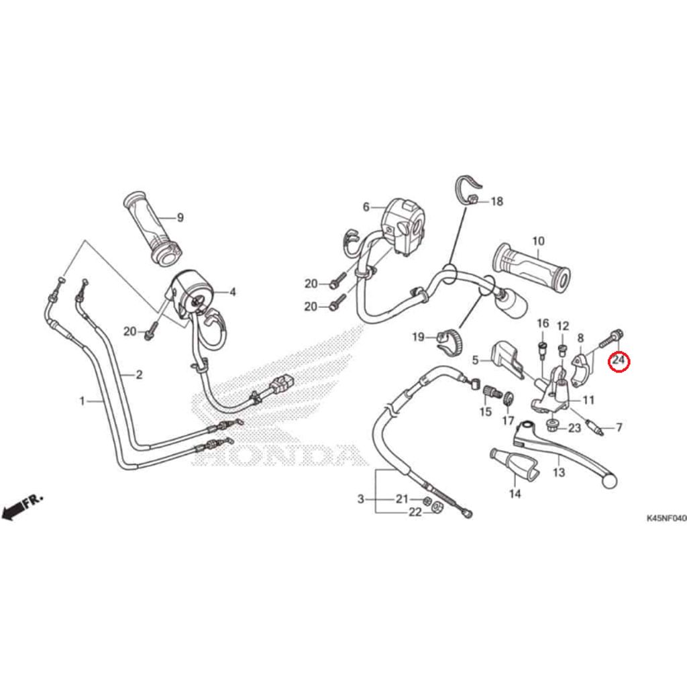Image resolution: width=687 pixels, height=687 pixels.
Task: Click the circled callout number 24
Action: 618,362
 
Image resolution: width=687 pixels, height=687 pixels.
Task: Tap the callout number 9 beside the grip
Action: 180,217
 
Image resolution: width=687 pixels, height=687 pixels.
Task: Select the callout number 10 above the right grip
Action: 538,241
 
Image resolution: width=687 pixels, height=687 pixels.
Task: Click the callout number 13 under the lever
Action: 559,472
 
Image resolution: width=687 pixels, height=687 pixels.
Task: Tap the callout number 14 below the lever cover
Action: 515,494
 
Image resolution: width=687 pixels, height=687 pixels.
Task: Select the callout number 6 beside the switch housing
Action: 366,207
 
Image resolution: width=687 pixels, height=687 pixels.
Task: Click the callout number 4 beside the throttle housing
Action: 233,292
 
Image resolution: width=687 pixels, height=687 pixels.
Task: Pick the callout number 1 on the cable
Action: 82,401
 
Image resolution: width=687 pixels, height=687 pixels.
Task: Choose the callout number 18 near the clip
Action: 496,201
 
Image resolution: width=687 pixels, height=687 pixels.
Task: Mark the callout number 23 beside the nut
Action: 575,428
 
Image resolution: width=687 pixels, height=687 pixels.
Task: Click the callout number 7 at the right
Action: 619,427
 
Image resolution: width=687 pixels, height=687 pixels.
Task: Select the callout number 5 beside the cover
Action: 476,360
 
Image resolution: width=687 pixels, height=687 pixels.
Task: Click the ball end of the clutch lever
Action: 611,481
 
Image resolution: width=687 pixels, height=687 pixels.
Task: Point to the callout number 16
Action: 543,324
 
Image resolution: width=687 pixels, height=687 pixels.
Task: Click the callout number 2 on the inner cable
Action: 139,374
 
